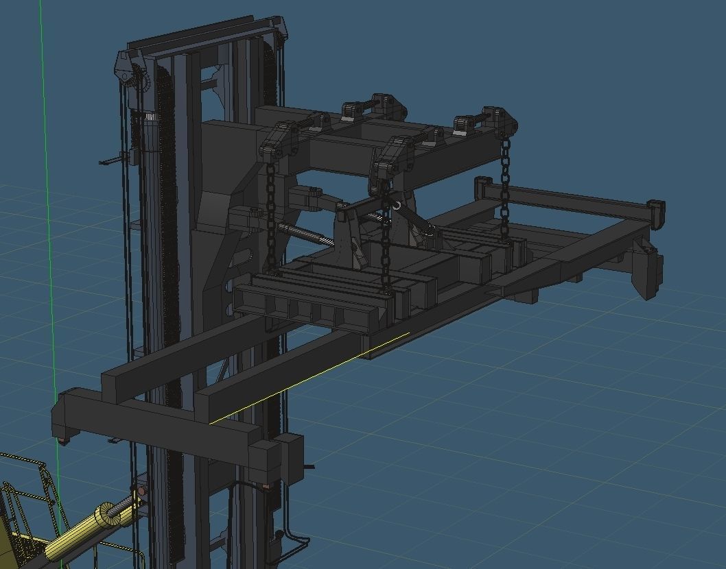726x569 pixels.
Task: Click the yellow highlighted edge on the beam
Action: point(309,377)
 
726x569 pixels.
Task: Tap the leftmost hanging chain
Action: point(270,213)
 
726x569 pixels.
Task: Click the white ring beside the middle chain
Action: point(396,204)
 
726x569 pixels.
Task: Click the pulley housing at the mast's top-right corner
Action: point(280,31)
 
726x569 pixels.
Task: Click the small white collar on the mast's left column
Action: point(150,117)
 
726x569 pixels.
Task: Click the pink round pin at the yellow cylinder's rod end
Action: point(141,492)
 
